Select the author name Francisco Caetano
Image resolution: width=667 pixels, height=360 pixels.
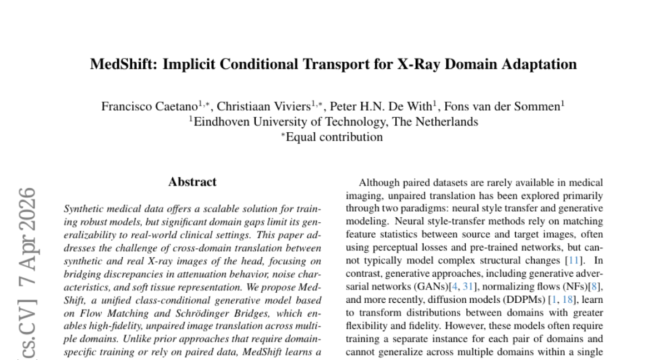coord(149,107)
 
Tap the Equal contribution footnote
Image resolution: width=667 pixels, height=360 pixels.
coord(333,137)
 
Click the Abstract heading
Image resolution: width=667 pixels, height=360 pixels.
coord(192,182)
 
